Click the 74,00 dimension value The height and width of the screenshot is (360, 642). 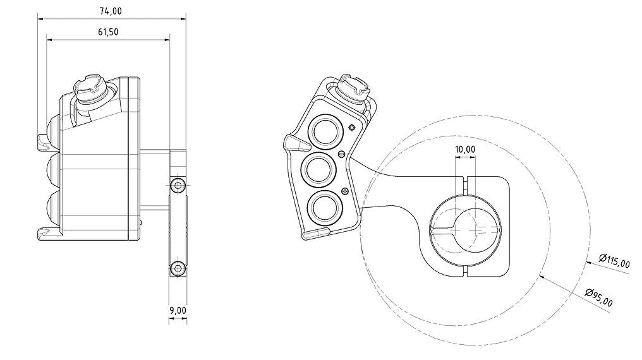[x=111, y=11]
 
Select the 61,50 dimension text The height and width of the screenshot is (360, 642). [x=108, y=32]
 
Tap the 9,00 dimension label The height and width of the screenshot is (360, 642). [x=178, y=311]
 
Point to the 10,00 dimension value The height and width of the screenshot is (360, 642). [x=465, y=149]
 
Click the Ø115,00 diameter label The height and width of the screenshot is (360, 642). [x=614, y=261]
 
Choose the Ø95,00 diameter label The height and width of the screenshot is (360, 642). [x=599, y=297]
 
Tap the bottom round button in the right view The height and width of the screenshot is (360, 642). [x=324, y=207]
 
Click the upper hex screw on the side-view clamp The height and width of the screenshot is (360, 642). [x=178, y=186]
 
